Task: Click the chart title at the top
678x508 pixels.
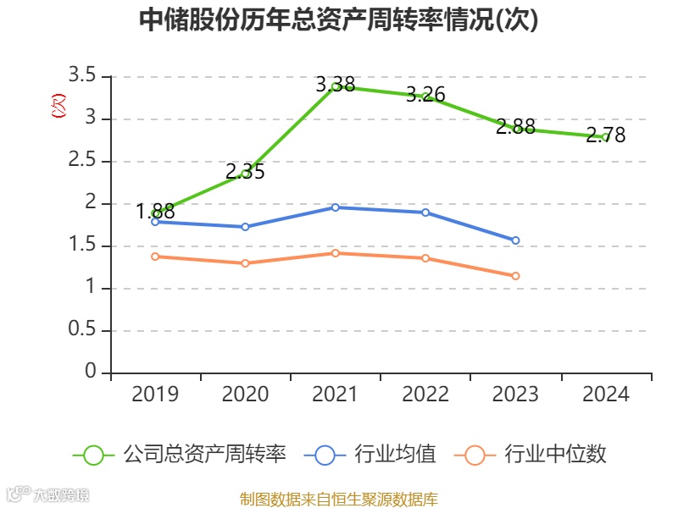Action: click(338, 20)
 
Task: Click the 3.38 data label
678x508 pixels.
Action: click(336, 85)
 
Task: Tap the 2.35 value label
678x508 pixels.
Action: click(245, 172)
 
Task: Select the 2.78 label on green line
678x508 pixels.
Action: click(605, 135)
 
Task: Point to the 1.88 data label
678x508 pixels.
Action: click(155, 212)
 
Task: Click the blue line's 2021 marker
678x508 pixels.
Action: click(336, 207)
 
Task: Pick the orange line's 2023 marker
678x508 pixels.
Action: click(515, 276)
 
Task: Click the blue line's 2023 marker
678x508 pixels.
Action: click(515, 240)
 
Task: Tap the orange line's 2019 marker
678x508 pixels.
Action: click(155, 257)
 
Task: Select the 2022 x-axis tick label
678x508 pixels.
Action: click(425, 395)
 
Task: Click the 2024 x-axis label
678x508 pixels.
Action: click(605, 395)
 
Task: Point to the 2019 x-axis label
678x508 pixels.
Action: click(155, 395)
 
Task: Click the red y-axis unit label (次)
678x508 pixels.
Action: click(58, 107)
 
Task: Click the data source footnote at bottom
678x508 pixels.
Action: click(338, 499)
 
